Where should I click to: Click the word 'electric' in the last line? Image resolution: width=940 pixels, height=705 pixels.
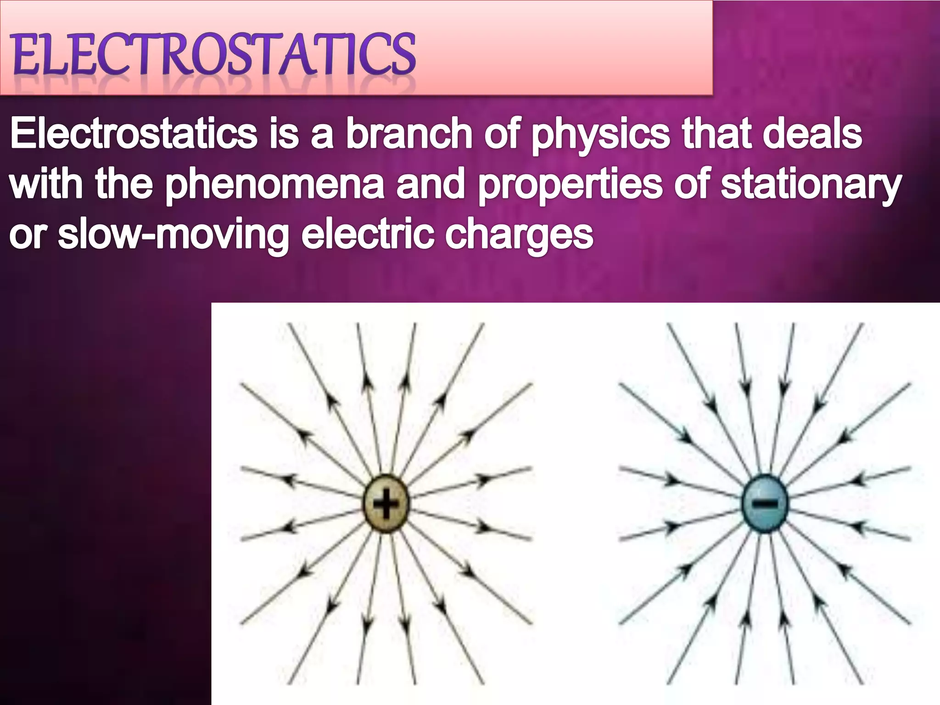click(x=367, y=234)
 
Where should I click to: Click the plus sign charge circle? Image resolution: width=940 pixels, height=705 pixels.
click(x=386, y=504)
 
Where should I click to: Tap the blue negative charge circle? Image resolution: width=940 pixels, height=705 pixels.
click(x=765, y=504)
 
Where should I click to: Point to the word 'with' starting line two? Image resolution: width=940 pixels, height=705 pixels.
click(x=46, y=184)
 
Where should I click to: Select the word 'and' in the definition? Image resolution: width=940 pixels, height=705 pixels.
click(x=430, y=184)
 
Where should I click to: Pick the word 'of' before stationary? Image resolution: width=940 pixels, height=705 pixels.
click(x=691, y=184)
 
